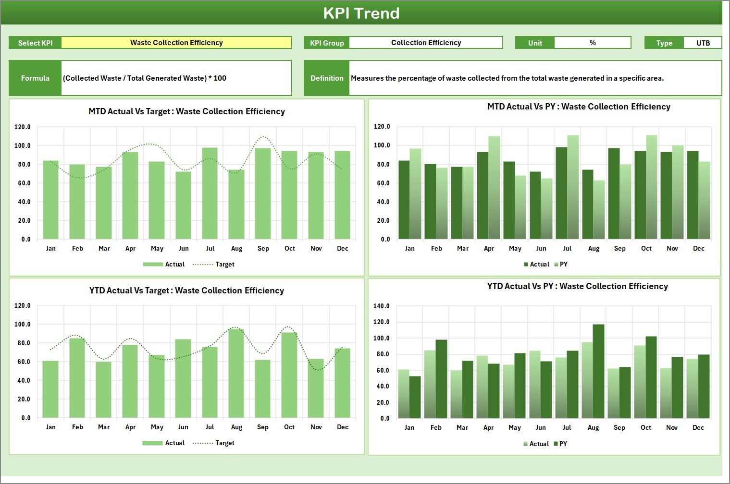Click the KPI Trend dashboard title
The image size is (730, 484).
pyautogui.click(x=361, y=13)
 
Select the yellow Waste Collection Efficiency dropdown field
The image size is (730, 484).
pyautogui.click(x=176, y=43)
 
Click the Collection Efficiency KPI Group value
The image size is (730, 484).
pyautogui.click(x=426, y=43)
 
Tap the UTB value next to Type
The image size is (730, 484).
pyautogui.click(x=703, y=43)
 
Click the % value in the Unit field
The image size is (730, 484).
pyautogui.click(x=593, y=43)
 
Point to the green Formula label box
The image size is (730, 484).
pyautogui.click(x=35, y=78)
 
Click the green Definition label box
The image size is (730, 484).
pyautogui.click(x=327, y=78)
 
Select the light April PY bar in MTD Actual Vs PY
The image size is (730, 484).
pyautogui.click(x=494, y=188)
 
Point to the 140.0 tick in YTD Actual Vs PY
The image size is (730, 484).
pyautogui.click(x=382, y=306)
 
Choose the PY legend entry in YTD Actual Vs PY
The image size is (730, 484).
pyautogui.click(x=560, y=444)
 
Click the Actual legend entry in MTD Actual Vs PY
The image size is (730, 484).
pyautogui.click(x=536, y=265)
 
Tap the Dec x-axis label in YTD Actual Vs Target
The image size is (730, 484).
pyautogui.click(x=342, y=427)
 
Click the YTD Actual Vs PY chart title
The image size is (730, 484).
pyautogui.click(x=577, y=287)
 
